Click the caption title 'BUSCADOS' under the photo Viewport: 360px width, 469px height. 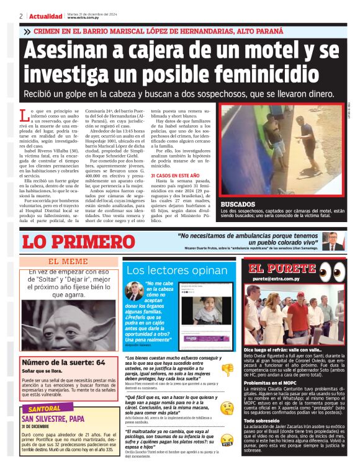238,203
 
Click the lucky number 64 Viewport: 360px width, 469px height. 100,362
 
